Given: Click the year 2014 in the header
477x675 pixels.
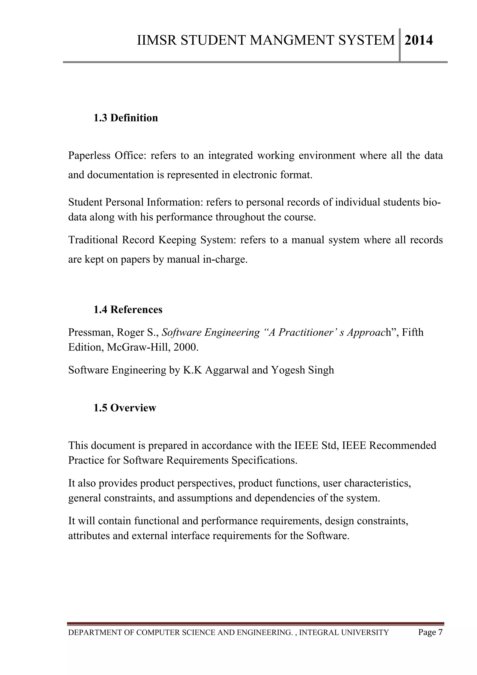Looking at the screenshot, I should click(x=419, y=40).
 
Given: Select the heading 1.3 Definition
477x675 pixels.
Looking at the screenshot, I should click(x=126, y=118).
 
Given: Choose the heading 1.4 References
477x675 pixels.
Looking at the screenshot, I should click(x=128, y=310).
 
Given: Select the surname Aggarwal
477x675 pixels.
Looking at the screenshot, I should click(x=227, y=370).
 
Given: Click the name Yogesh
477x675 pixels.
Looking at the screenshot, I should click(x=288, y=370).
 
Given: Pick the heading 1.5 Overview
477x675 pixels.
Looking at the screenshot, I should click(x=125, y=408).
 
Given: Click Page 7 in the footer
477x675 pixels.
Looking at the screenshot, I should click(x=430, y=632).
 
